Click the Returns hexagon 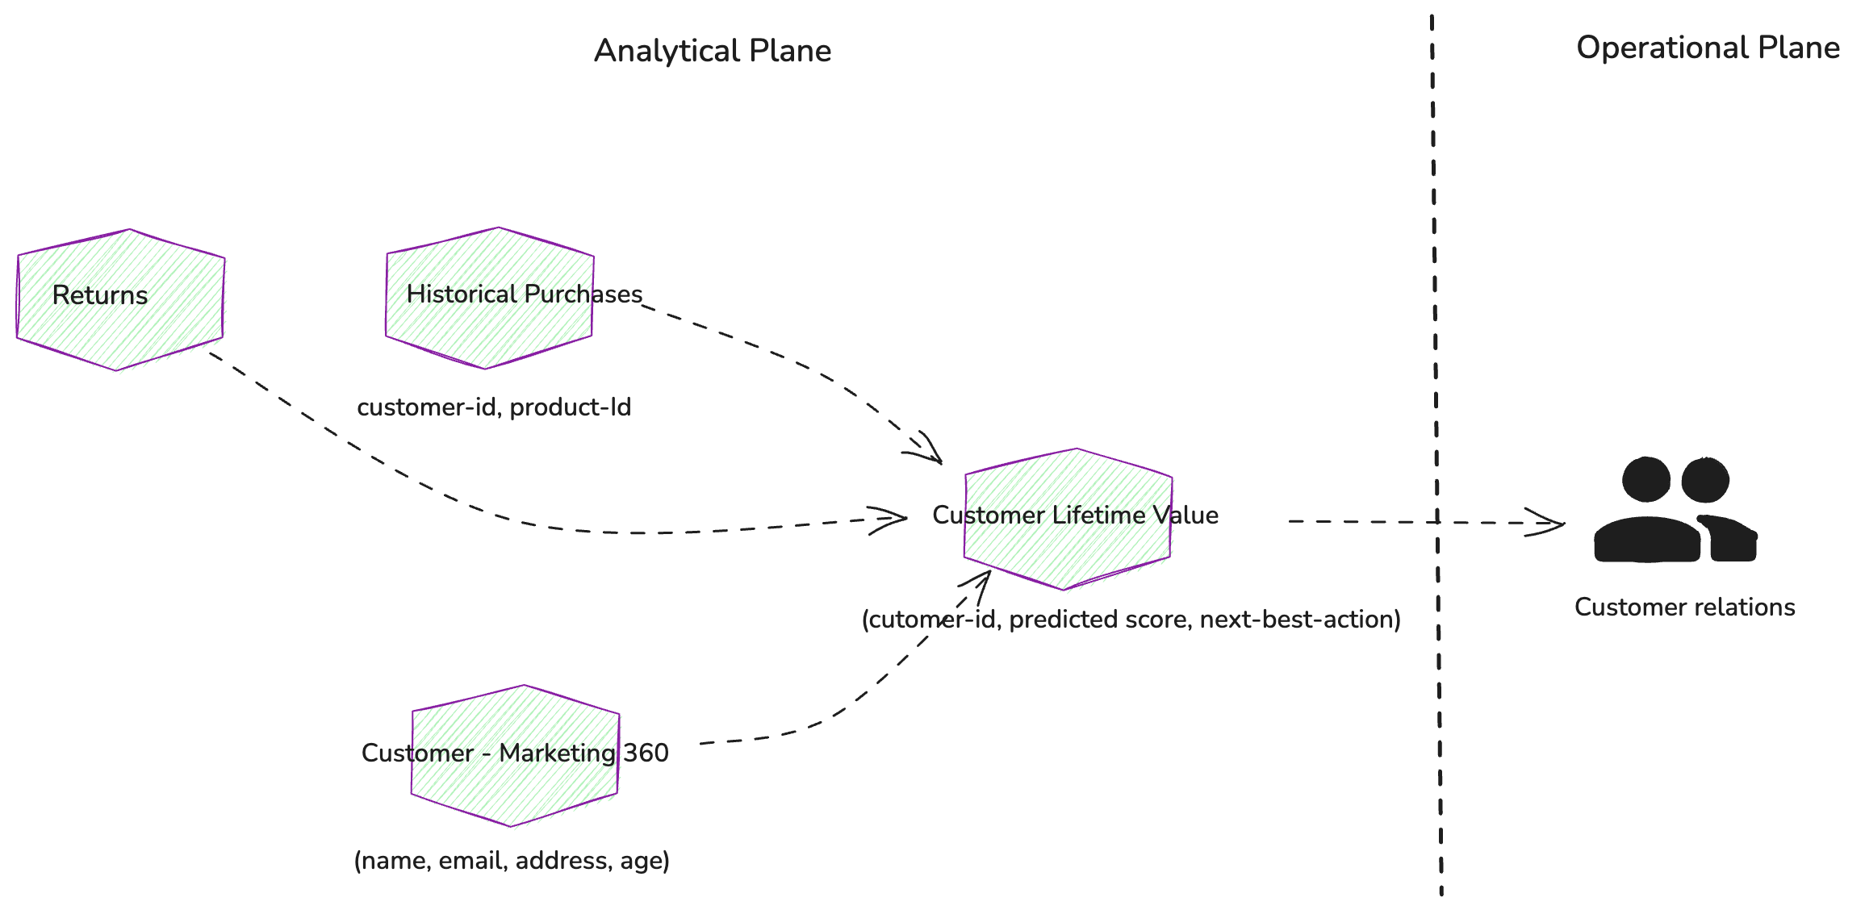coord(120,299)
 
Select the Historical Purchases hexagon coord(490,298)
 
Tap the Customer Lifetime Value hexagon coord(1068,519)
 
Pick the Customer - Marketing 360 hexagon coord(515,756)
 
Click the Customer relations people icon coord(1675,510)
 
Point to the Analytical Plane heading coord(713,51)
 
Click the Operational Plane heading coord(1708,48)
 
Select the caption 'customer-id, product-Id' coord(494,407)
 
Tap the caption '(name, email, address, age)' coord(512,861)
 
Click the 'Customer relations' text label coord(1684,607)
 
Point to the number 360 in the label coord(646,753)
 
